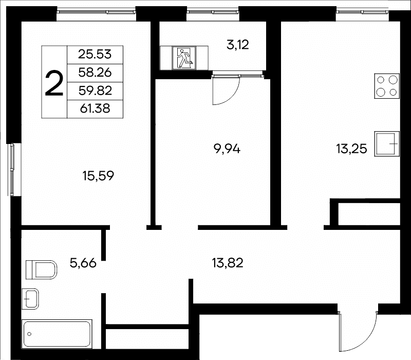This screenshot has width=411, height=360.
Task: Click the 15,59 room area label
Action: tap(98, 176)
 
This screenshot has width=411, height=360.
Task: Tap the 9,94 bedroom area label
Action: tap(227, 149)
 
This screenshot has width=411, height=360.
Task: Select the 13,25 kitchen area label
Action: tap(351, 149)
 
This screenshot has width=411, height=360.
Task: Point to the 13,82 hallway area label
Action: tap(228, 263)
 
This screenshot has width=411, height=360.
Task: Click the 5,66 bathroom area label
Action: tap(83, 263)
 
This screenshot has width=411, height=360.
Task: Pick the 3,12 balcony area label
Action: tap(237, 45)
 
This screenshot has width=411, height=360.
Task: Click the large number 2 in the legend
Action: tap(54, 84)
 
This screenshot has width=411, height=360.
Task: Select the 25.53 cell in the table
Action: tap(95, 55)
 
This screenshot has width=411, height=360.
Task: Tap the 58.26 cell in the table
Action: tap(95, 73)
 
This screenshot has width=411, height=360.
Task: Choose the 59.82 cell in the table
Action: tap(95, 91)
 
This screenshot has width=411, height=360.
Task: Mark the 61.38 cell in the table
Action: tap(95, 109)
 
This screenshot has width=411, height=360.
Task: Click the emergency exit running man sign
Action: tap(184, 58)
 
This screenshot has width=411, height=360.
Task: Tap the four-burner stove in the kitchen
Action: tap(387, 86)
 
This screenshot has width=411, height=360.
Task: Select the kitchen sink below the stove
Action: tap(387, 144)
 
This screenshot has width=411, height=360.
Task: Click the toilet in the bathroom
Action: tap(42, 269)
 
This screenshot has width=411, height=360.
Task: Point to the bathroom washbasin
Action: tap(30, 299)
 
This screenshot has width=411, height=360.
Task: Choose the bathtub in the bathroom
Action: tap(57, 334)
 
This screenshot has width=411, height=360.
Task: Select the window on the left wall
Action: tap(11, 170)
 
